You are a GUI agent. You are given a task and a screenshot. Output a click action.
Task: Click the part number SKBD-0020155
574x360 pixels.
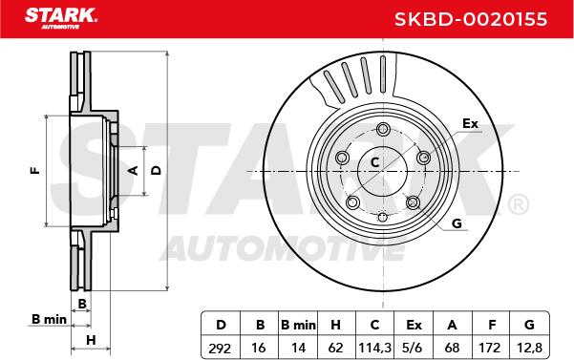471,19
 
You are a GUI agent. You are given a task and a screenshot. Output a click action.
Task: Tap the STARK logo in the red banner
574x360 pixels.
61,18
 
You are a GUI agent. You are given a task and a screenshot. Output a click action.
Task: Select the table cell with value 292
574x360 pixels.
220,348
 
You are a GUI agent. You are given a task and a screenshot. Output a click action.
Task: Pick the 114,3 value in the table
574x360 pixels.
374,348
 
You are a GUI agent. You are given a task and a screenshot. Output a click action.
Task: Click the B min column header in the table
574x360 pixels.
298,325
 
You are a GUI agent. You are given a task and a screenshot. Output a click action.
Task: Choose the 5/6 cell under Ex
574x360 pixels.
413,348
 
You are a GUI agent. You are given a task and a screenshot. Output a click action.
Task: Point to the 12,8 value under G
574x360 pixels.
529,348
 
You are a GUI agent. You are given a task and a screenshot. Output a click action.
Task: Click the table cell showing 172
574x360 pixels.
489,348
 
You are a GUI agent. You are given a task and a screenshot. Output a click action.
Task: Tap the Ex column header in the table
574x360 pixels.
414,325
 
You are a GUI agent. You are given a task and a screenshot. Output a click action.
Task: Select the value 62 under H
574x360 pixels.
335,348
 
